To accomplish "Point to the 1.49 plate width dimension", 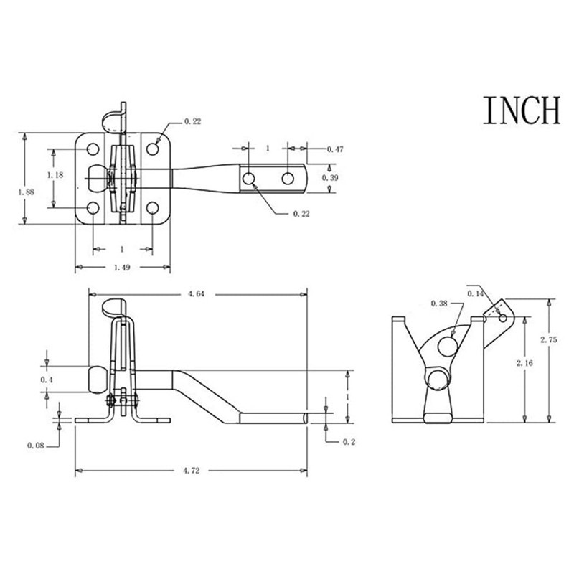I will [x=123, y=268].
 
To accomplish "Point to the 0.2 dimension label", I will [x=349, y=442].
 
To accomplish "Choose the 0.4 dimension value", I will [x=47, y=379].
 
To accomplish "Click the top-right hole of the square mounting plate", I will [x=153, y=149].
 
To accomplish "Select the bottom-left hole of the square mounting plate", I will [x=93, y=209].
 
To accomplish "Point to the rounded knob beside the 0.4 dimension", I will [x=97, y=379].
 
